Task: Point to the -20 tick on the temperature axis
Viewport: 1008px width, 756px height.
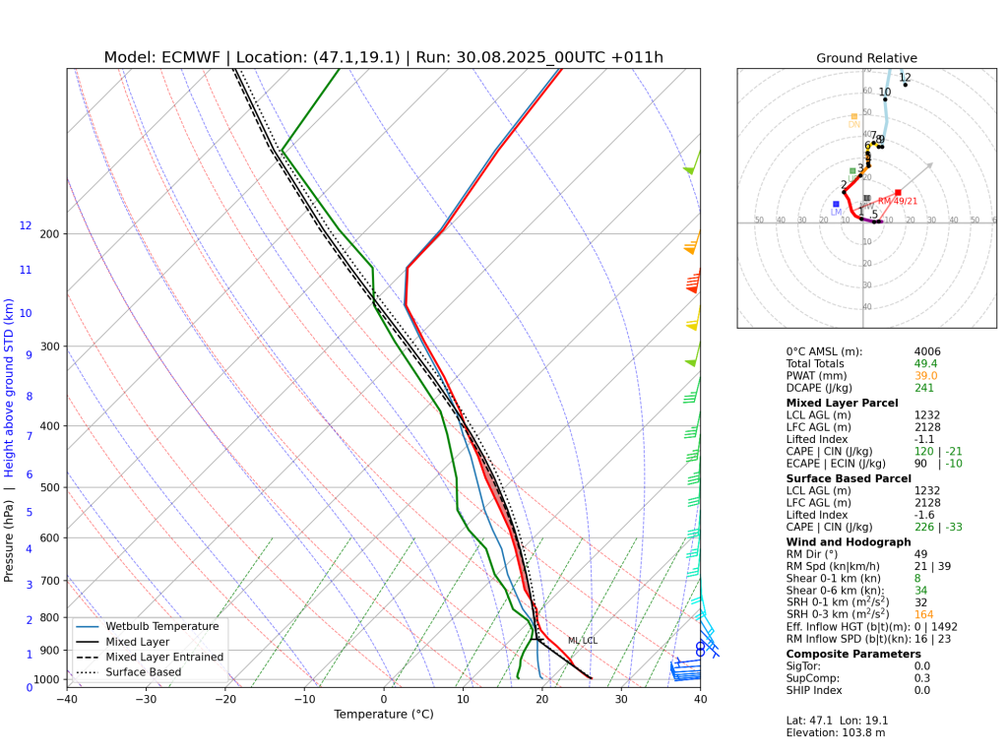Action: coord(225,700)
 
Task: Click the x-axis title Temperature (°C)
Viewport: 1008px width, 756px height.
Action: coord(383,715)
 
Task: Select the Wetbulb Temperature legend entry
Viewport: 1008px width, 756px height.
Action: coord(164,626)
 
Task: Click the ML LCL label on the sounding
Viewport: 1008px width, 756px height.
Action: coord(582,641)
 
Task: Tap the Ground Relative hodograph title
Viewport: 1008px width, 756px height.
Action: coord(866,58)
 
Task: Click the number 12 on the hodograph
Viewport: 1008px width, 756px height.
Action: coord(905,78)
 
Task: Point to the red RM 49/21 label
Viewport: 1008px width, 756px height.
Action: coord(897,201)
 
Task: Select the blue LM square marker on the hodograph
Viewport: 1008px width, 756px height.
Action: coord(836,204)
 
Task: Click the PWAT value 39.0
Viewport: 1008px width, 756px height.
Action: coord(925,376)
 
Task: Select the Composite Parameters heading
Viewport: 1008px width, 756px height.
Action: coord(853,654)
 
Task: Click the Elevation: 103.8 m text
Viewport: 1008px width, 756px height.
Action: coord(827,732)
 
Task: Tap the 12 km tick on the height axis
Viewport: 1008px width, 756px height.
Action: coord(26,225)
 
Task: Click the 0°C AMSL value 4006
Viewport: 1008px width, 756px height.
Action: coord(927,351)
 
